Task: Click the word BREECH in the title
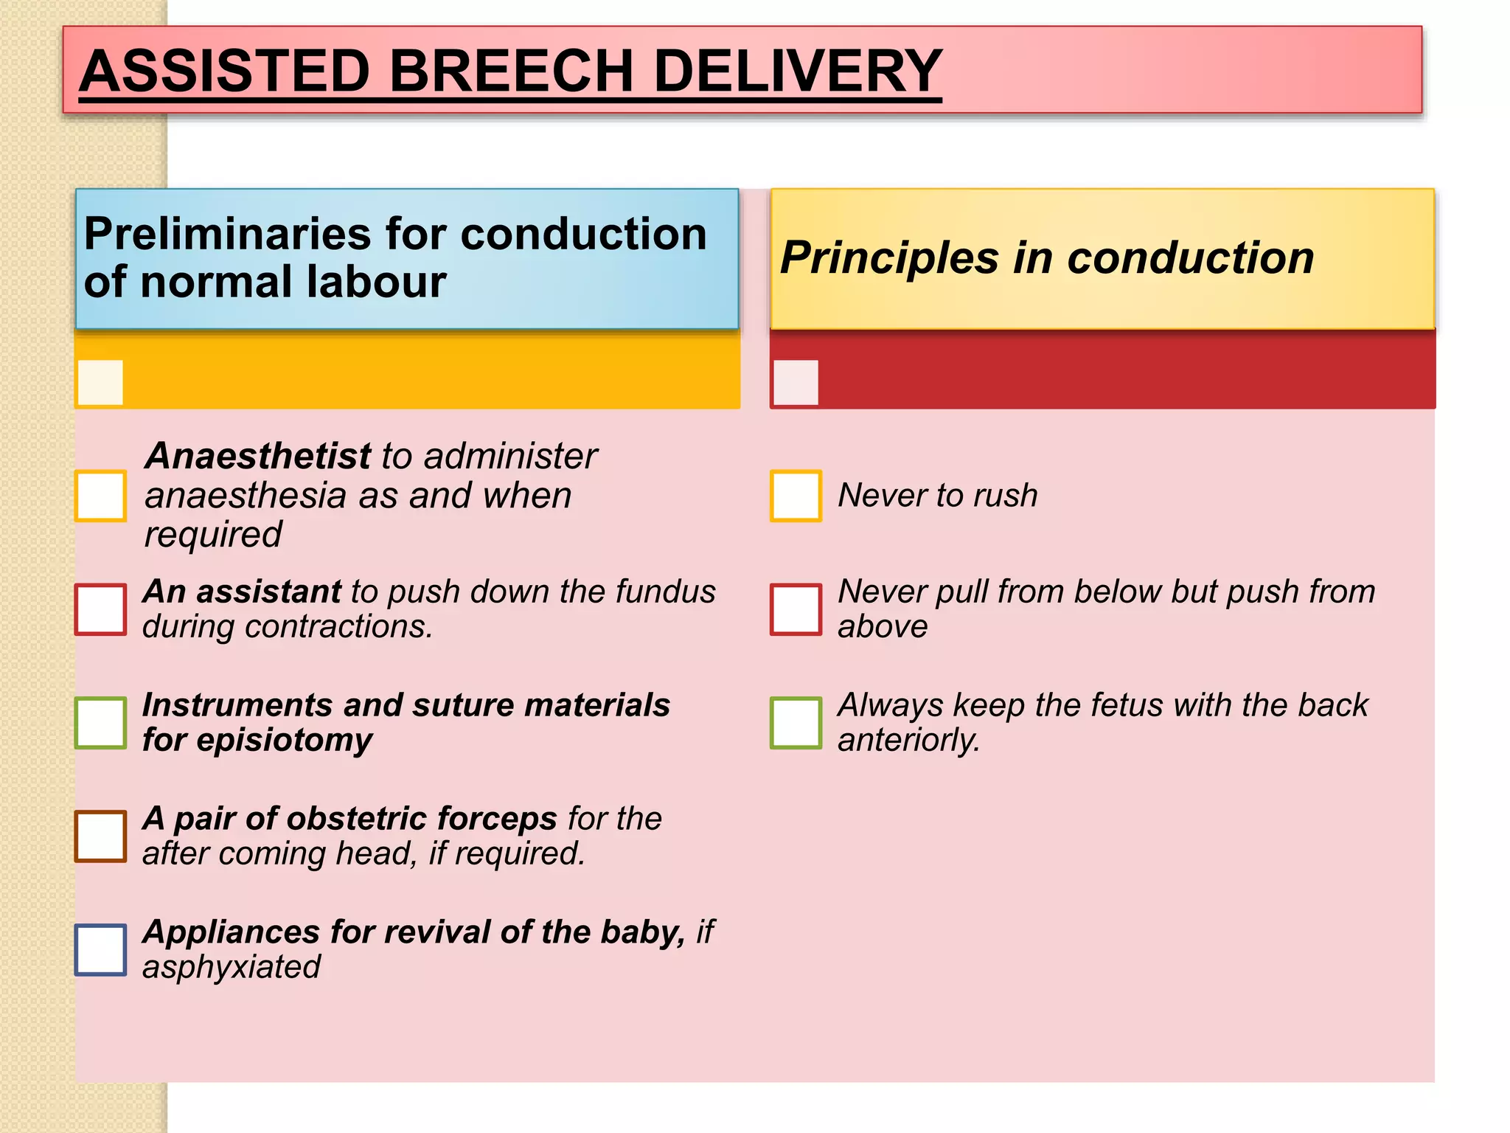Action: point(510,71)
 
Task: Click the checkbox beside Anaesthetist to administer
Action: point(101,496)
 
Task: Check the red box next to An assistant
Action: point(101,609)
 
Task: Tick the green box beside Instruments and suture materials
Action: point(101,723)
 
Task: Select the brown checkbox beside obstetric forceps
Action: point(101,836)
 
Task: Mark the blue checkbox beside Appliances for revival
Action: point(101,949)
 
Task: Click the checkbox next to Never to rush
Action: point(796,496)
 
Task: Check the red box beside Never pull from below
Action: point(796,609)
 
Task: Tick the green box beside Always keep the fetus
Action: point(796,723)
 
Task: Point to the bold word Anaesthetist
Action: point(258,456)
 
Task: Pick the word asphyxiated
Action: point(232,967)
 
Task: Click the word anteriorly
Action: point(908,740)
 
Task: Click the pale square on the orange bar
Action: point(100,382)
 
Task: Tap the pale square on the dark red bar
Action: point(796,382)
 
